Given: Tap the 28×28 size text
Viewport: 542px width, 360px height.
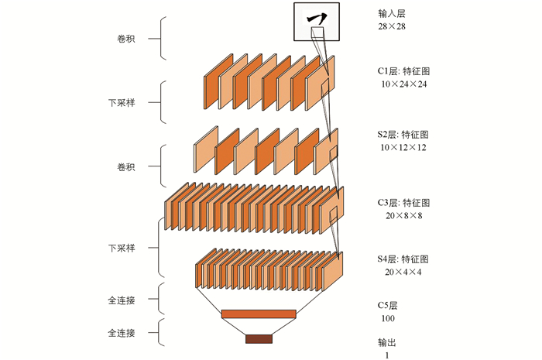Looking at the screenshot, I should (392, 26).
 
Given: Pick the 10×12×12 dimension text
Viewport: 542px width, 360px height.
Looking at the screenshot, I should (403, 146).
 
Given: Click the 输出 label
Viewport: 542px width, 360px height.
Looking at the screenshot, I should (386, 342).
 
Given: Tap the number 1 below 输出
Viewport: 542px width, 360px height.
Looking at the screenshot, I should (386, 355).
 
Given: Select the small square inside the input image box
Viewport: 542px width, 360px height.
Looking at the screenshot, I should (317, 31).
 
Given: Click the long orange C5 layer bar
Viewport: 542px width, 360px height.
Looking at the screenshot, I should (259, 314).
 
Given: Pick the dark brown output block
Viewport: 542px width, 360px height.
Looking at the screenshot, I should (259, 338).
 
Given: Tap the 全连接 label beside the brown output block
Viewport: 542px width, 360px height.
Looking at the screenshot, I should (122, 333).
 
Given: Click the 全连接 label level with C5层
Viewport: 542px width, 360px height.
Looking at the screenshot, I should (122, 297).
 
